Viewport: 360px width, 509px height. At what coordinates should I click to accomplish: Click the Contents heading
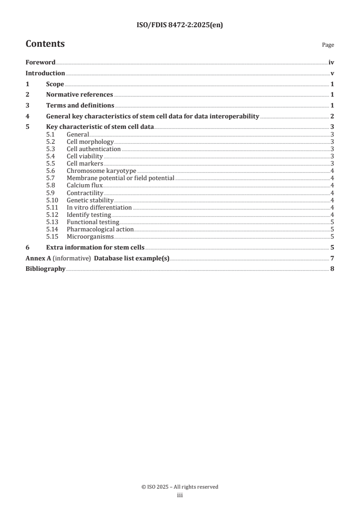click(45, 44)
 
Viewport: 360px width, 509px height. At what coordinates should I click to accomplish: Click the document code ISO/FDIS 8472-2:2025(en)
click(180, 25)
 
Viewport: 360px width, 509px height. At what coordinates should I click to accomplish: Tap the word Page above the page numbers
click(328, 45)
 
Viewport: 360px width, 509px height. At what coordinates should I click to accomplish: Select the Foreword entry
click(40, 63)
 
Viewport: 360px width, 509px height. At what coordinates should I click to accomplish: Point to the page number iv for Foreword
click(331, 63)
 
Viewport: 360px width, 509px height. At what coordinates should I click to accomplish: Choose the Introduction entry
click(45, 73)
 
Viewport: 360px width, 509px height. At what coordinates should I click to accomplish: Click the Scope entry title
click(55, 84)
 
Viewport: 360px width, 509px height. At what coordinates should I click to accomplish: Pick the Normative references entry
click(79, 95)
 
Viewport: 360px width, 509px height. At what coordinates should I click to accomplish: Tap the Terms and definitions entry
click(80, 106)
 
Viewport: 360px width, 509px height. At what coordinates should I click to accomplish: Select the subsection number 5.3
click(51, 149)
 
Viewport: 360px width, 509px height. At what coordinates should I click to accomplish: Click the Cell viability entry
click(84, 156)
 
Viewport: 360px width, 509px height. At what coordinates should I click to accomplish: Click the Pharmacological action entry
click(100, 229)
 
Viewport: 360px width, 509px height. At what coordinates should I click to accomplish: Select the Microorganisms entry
click(90, 236)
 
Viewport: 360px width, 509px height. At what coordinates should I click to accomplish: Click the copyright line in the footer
click(180, 487)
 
